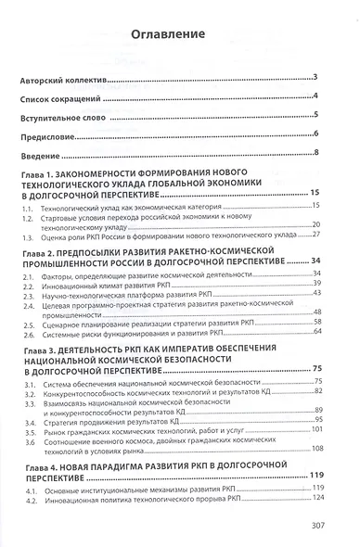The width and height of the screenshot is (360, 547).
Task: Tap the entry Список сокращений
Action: click(68, 97)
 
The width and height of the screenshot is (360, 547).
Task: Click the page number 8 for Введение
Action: click(316, 153)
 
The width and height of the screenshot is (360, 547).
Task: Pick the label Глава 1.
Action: click(47, 177)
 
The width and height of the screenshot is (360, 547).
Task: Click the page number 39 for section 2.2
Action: click(315, 282)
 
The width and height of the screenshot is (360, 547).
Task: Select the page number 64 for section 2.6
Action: click(315, 331)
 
